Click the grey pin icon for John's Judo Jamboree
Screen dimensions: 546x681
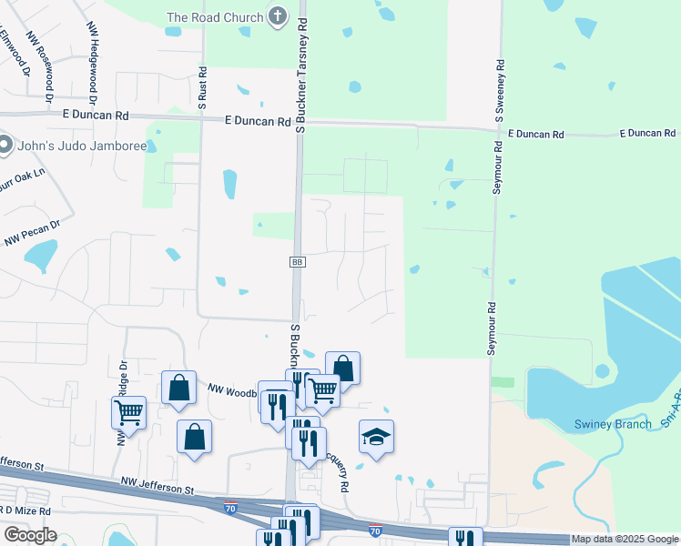point(5,145)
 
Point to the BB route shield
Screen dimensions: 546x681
point(297,262)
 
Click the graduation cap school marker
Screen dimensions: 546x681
point(376,436)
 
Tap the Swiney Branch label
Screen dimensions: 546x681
point(613,424)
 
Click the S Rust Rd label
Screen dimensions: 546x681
point(203,87)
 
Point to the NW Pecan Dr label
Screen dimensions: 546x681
point(33,233)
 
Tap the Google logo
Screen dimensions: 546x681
point(30,534)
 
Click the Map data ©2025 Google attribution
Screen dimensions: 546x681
point(624,539)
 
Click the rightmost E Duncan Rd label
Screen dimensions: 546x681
point(647,133)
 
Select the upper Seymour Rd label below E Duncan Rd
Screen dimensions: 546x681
point(497,169)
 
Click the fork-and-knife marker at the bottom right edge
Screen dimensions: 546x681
point(464,539)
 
